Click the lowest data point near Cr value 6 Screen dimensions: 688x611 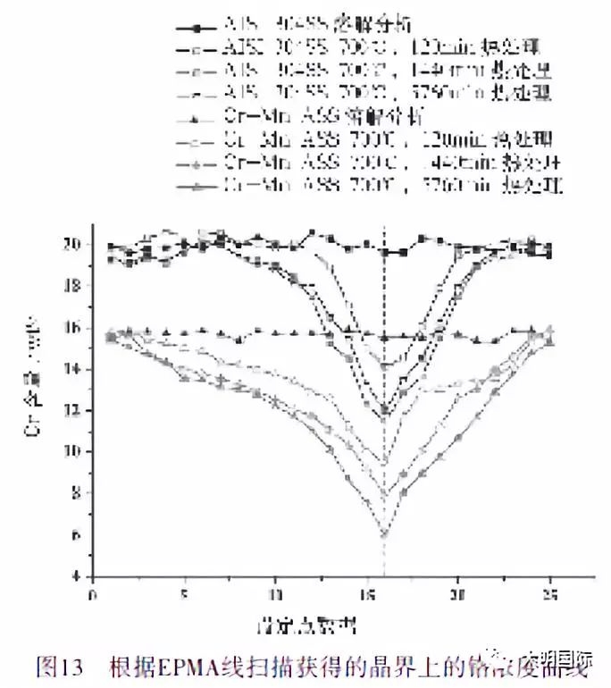[x=385, y=533]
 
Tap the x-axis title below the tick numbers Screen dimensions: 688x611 [x=322, y=618]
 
